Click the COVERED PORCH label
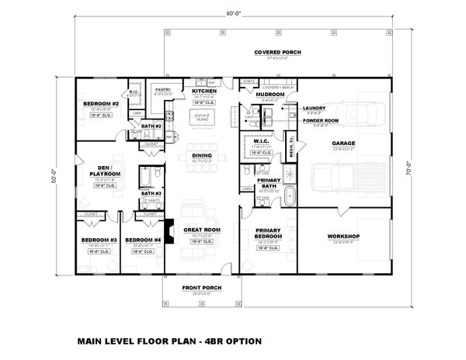coord(278,52)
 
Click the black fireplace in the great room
coord(169,231)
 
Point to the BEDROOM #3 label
coord(101,240)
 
